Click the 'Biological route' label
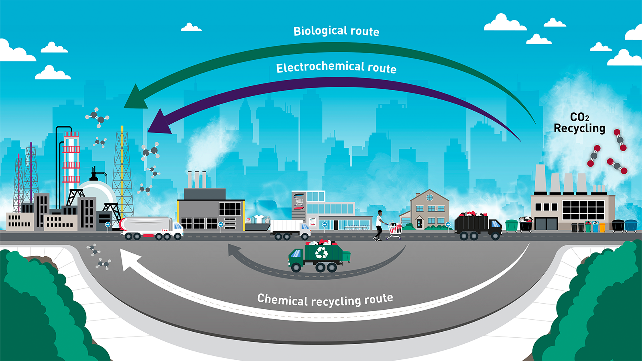336,31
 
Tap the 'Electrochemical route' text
336,67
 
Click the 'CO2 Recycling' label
579,123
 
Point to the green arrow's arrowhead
135,99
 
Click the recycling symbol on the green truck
321,252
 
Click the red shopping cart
395,230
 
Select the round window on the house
429,197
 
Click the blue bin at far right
631,225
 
